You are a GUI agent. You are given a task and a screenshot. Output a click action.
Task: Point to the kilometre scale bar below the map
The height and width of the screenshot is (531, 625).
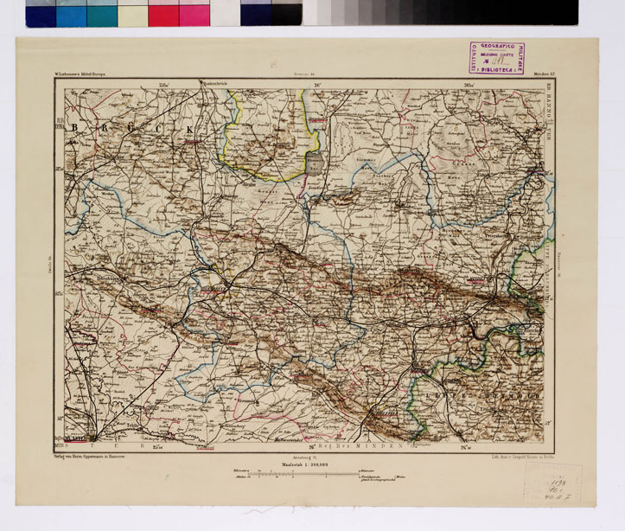(294, 474)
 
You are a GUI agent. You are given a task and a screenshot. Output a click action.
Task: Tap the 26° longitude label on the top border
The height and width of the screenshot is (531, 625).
(317, 84)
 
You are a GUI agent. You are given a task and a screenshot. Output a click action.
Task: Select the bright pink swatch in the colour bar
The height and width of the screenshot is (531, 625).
(195, 13)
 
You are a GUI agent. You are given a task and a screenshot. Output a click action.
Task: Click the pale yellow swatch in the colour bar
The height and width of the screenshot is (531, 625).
(132, 13)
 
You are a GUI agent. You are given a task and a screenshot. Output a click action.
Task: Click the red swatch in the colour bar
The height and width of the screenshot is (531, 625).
(163, 13)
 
